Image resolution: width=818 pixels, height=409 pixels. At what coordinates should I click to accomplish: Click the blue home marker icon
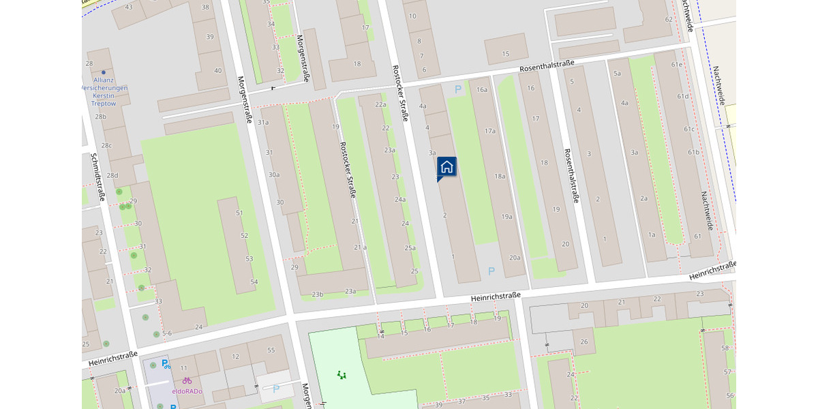(446, 166)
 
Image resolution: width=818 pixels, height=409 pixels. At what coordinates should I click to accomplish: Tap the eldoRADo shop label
(187, 391)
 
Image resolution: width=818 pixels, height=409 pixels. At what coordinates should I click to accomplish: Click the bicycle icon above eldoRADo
(187, 380)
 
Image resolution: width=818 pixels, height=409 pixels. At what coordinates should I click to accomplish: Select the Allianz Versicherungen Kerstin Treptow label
(104, 92)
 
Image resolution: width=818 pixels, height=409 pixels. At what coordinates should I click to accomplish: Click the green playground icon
(342, 374)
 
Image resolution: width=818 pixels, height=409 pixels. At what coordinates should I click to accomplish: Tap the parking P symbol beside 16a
(458, 89)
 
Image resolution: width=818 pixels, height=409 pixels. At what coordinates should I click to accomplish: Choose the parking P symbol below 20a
(491, 271)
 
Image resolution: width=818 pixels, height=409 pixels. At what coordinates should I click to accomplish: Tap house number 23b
(317, 294)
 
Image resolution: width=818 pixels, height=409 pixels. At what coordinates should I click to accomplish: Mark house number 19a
(506, 217)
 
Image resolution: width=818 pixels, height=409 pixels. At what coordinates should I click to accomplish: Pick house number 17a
(489, 130)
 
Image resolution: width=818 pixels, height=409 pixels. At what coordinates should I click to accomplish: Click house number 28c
(106, 145)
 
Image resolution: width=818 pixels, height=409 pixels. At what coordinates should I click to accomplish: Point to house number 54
(254, 282)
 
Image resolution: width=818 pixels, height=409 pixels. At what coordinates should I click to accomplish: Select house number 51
(239, 213)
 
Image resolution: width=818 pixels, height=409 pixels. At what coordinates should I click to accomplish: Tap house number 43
(130, 7)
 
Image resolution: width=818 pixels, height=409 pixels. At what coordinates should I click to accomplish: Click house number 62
(669, 19)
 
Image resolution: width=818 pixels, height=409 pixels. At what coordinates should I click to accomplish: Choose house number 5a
(617, 73)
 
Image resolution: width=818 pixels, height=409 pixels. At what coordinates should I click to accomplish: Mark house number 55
(271, 350)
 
